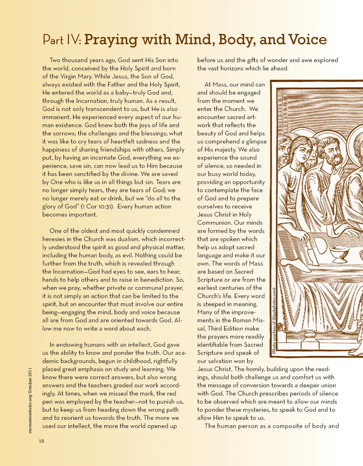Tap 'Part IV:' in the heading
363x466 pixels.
tap(62, 40)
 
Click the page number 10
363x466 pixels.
tap(41, 441)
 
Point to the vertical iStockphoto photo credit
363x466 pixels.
tap(274, 320)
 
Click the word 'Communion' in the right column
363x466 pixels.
tap(215, 223)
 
